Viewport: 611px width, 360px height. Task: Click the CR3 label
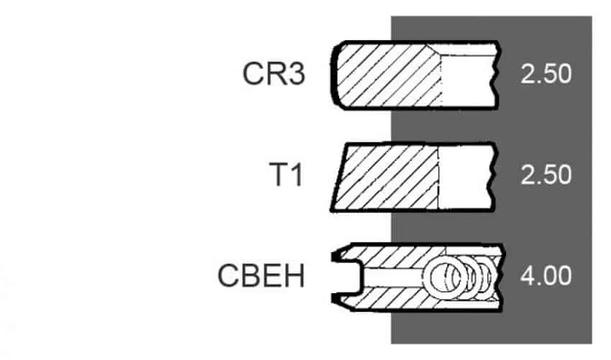(x=274, y=73)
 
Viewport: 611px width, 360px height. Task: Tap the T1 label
(x=285, y=175)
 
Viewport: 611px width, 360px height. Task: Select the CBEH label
(x=261, y=276)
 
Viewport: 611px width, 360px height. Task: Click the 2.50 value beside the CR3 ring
(x=546, y=73)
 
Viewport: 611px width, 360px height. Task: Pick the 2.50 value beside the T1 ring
(x=546, y=175)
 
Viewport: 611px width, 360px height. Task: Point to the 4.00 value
(x=546, y=276)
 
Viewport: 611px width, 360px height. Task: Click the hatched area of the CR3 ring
(x=387, y=75)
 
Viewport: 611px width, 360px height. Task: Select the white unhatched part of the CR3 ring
(x=469, y=80)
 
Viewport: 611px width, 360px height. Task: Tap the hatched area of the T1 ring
(x=386, y=177)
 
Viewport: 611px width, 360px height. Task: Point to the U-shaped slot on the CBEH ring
(x=348, y=277)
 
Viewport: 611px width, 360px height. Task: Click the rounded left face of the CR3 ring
(x=334, y=75)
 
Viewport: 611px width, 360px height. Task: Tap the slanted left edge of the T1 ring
(x=339, y=177)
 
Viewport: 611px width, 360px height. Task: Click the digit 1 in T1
(x=297, y=175)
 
